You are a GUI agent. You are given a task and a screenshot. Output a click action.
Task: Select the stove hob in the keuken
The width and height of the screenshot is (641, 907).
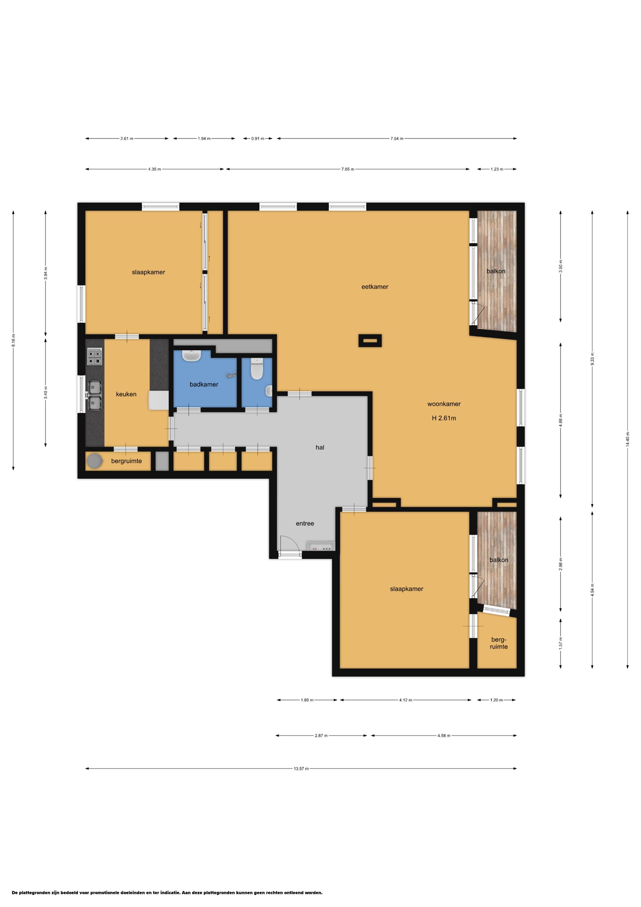pos(94,356)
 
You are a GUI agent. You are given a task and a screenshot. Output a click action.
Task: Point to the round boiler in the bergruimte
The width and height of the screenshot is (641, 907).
pos(95,461)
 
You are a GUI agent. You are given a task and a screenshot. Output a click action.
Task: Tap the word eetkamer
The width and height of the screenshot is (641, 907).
pos(375,287)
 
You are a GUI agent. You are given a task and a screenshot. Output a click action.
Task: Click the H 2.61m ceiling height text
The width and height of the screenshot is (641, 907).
pos(444,418)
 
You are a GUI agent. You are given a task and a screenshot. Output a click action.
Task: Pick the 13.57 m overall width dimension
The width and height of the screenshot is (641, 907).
pos(301,768)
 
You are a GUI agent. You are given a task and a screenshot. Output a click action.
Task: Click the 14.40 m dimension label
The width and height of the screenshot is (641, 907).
pos(628,439)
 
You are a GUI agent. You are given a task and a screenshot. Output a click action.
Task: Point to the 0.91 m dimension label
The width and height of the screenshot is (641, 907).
pos(258,139)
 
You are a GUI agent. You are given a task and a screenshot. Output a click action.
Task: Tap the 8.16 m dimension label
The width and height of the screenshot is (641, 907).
pos(13,340)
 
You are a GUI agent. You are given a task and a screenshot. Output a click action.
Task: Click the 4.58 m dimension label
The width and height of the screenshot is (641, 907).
pos(444,736)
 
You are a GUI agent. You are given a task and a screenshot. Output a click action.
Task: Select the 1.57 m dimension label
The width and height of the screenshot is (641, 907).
pos(561,643)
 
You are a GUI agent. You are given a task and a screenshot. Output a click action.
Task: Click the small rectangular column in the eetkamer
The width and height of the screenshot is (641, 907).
pos(370,341)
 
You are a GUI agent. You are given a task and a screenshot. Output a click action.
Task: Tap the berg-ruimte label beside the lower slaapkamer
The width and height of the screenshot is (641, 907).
pos(499,643)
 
